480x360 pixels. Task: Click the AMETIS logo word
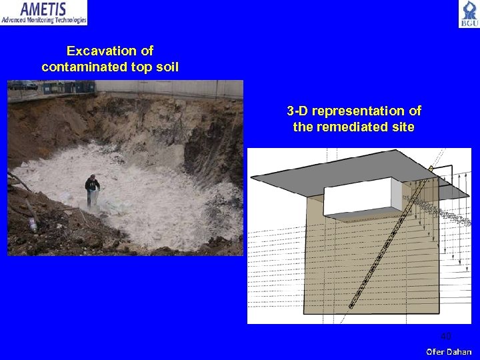tap(44, 9)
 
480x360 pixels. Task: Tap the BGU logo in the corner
tap(468, 14)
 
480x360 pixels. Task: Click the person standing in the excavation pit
tap(92, 187)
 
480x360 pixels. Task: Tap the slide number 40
tap(445, 335)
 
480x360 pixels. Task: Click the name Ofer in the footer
tap(436, 351)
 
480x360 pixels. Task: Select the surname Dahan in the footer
tap(459, 351)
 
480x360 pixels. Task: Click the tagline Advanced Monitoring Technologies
tap(44, 21)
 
